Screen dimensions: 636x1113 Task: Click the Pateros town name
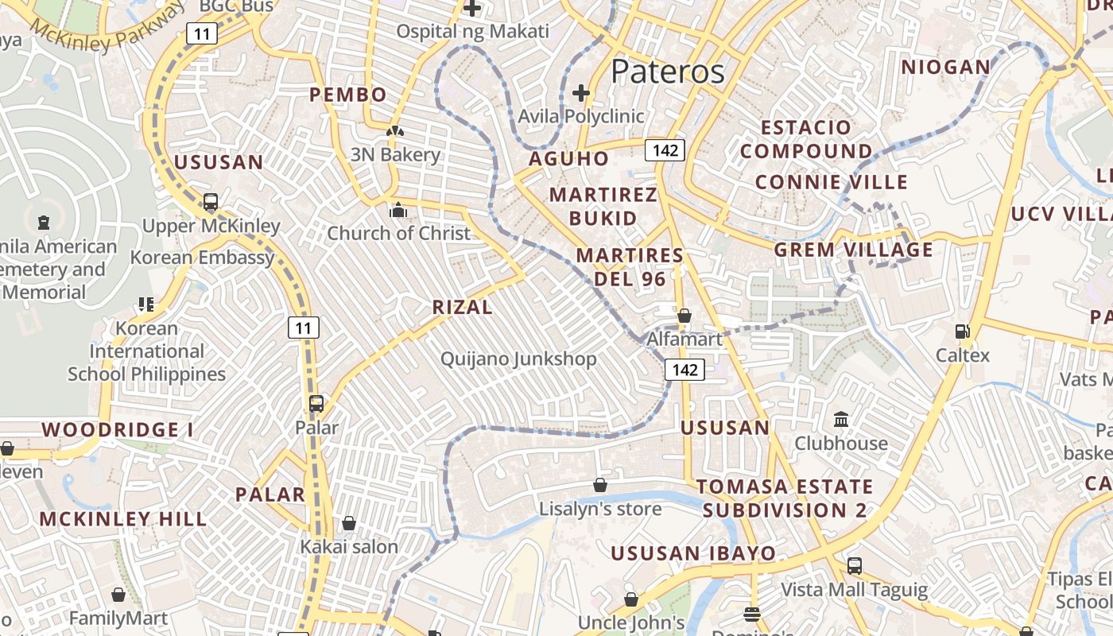pos(668,72)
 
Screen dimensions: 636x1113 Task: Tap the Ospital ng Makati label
pos(472,32)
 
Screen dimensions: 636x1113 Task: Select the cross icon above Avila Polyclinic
pos(581,93)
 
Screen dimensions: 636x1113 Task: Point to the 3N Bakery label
pos(395,154)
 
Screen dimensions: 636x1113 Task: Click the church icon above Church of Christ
pos(397,211)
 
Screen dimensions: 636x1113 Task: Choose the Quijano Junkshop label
pos(518,359)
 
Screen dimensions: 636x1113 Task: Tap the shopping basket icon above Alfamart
pos(684,316)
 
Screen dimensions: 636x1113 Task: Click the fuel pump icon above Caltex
pos(962,332)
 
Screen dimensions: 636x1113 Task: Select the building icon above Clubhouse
pos(841,419)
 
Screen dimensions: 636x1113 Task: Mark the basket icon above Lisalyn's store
pos(600,485)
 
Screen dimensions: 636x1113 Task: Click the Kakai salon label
pos(348,547)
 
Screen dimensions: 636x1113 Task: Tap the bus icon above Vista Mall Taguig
pos(854,566)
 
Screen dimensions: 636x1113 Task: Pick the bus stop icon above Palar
pos(316,404)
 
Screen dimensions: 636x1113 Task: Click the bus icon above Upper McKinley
pos(211,203)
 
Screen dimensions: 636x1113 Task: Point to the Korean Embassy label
pos(202,258)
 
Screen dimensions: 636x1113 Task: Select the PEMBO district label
pos(348,95)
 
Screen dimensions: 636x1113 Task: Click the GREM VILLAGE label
pos(854,250)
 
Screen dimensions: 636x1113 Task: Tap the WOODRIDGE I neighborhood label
pos(118,430)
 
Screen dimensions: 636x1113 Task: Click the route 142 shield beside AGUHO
pos(665,150)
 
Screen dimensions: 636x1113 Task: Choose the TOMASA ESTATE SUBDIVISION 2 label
pos(785,498)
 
